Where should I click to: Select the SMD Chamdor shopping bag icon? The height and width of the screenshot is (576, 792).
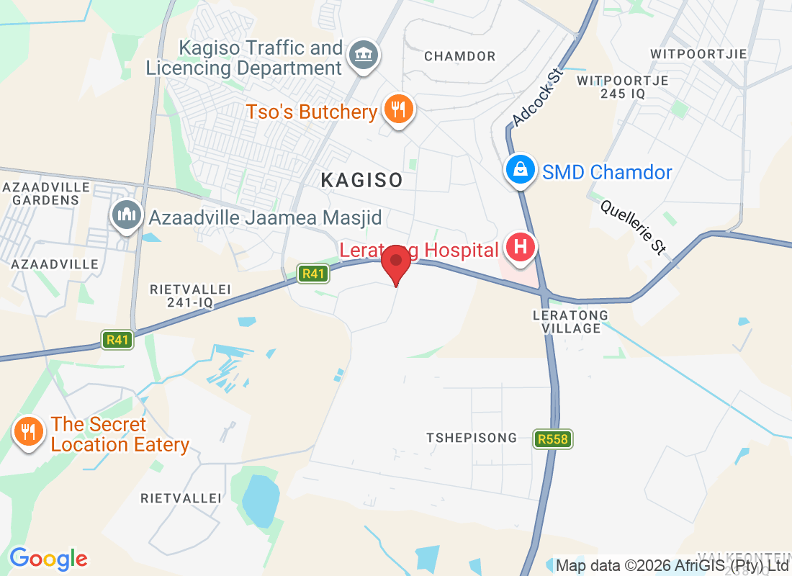click(518, 171)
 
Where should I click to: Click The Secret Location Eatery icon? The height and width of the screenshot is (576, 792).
click(27, 433)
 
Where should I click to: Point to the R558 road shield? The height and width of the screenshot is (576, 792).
click(553, 438)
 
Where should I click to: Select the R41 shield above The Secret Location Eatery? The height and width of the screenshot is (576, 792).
click(117, 340)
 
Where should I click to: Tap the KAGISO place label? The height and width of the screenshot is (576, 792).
click(361, 180)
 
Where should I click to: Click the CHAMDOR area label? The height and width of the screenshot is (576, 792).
click(460, 56)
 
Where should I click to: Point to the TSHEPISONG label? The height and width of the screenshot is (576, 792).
click(472, 438)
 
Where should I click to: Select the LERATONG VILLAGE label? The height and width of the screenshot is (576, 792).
click(570, 322)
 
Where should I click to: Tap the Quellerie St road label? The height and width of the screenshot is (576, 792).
click(634, 226)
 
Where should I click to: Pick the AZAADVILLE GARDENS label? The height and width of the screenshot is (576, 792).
click(45, 194)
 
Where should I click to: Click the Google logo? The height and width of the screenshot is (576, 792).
click(48, 558)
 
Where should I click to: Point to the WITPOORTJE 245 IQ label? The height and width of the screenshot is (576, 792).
click(623, 86)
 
